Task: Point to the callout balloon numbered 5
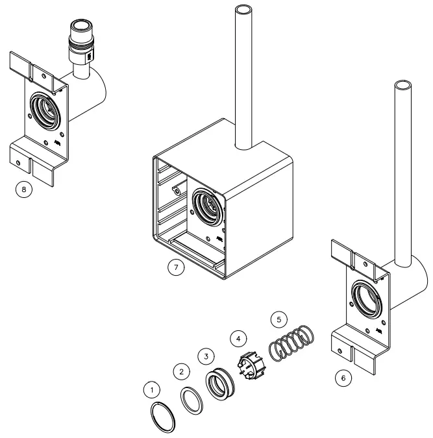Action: tap(277, 320)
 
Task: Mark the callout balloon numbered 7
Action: tap(175, 267)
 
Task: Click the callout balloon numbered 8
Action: tap(24, 189)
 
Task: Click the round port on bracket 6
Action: tap(366, 300)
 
